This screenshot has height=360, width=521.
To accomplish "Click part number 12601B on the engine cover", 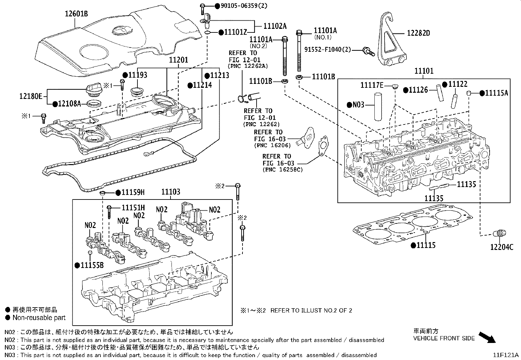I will [76, 13].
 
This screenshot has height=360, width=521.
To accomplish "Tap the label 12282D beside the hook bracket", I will [418, 33].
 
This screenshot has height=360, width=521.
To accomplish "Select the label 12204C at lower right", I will [501, 247].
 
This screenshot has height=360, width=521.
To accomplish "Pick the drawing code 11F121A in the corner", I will [506, 355].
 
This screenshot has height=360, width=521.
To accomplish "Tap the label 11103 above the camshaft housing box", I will [171, 192].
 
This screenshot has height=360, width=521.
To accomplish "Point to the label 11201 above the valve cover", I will [178, 60].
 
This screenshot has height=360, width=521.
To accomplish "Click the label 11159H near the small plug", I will [133, 192].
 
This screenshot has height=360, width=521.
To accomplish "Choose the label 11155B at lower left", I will [92, 265].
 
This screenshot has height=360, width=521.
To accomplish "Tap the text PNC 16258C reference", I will [282, 170].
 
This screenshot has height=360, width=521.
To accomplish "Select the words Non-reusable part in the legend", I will [39, 318].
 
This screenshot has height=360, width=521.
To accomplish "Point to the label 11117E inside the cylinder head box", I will [372, 85].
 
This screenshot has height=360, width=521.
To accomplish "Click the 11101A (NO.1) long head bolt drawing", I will [299, 52].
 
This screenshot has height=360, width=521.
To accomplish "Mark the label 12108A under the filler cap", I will [69, 104].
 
